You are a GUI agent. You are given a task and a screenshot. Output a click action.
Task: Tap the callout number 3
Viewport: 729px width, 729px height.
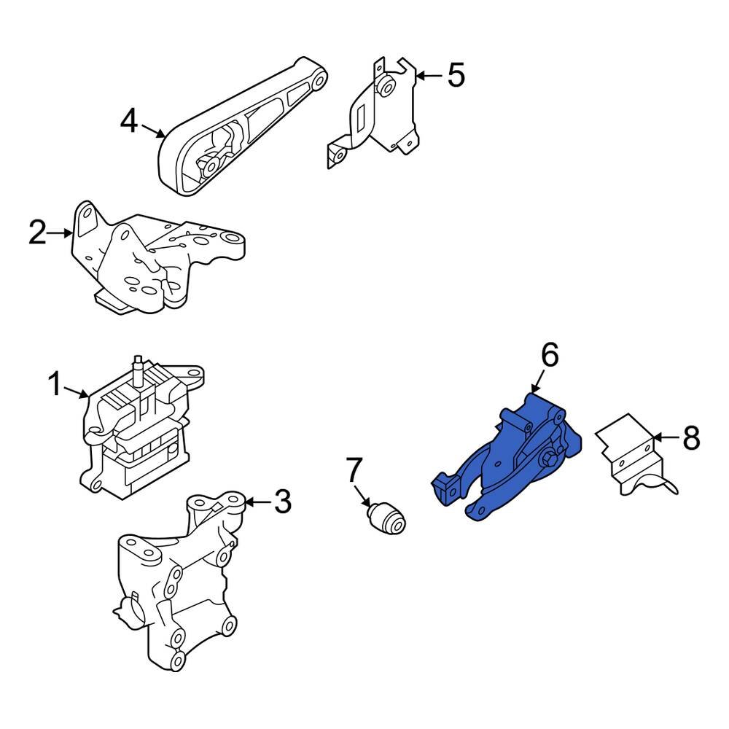tap(282, 502)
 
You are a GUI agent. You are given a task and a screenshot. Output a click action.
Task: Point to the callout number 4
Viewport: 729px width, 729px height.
tap(128, 121)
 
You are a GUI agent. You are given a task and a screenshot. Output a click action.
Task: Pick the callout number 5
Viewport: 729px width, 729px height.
tap(456, 75)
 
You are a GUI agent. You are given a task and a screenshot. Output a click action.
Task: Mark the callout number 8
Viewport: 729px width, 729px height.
tap(690, 439)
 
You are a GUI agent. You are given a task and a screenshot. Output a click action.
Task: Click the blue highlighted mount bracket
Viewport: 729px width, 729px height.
tap(510, 467)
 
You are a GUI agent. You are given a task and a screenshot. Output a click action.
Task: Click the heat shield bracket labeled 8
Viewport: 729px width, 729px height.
tap(627, 456)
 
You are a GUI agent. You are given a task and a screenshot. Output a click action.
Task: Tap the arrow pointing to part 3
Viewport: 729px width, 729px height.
tap(255, 502)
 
